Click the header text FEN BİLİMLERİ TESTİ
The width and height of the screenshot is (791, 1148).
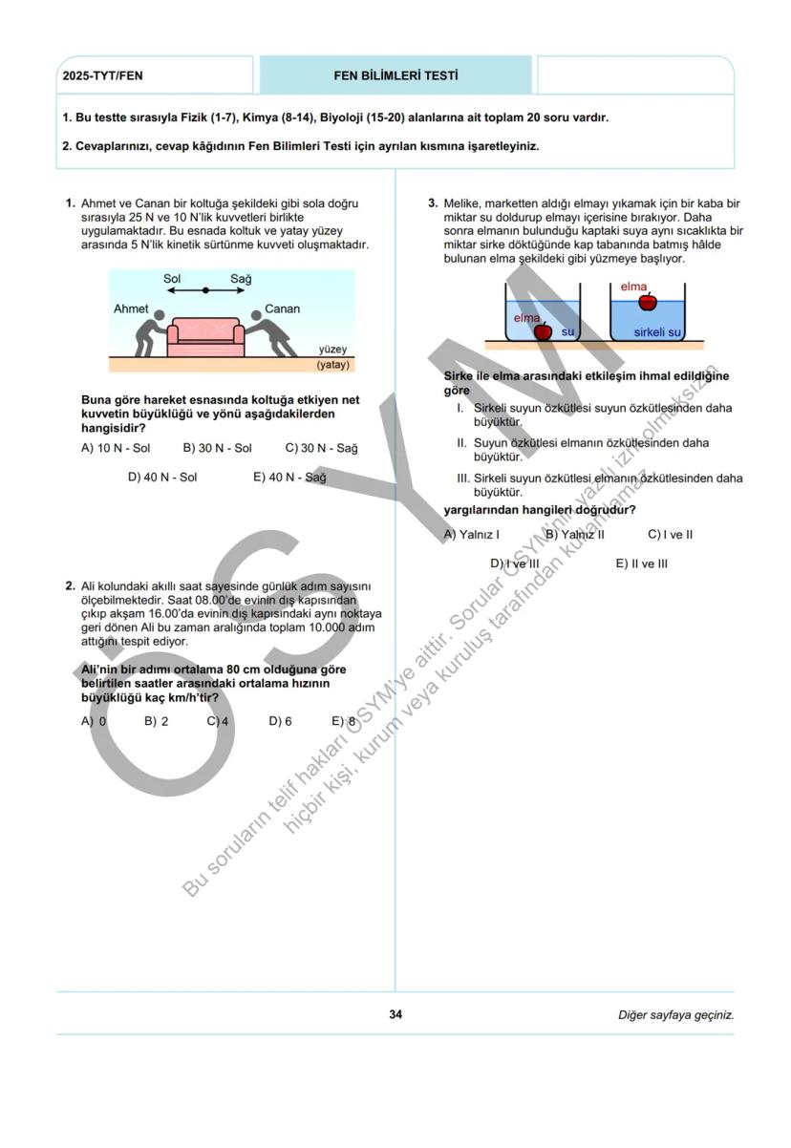click(395, 75)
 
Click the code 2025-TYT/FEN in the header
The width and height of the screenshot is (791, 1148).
click(102, 75)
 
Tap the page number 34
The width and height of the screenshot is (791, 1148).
click(395, 1014)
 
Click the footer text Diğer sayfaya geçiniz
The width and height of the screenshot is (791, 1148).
click(675, 1014)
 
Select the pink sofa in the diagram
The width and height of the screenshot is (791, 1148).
click(204, 335)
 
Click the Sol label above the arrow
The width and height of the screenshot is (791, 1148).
click(172, 279)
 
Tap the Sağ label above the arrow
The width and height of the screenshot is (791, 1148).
click(241, 279)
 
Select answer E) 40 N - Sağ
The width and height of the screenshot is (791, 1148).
click(289, 478)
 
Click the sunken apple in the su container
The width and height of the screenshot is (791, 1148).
click(543, 331)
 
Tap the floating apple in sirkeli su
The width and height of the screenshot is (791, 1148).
click(648, 302)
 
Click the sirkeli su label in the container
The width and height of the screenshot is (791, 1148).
click(657, 332)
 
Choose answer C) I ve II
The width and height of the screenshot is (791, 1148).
click(670, 534)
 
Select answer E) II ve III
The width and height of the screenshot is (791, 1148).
click(641, 563)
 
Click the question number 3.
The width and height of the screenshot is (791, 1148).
click(433, 203)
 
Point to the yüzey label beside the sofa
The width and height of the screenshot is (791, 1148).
click(333, 350)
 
